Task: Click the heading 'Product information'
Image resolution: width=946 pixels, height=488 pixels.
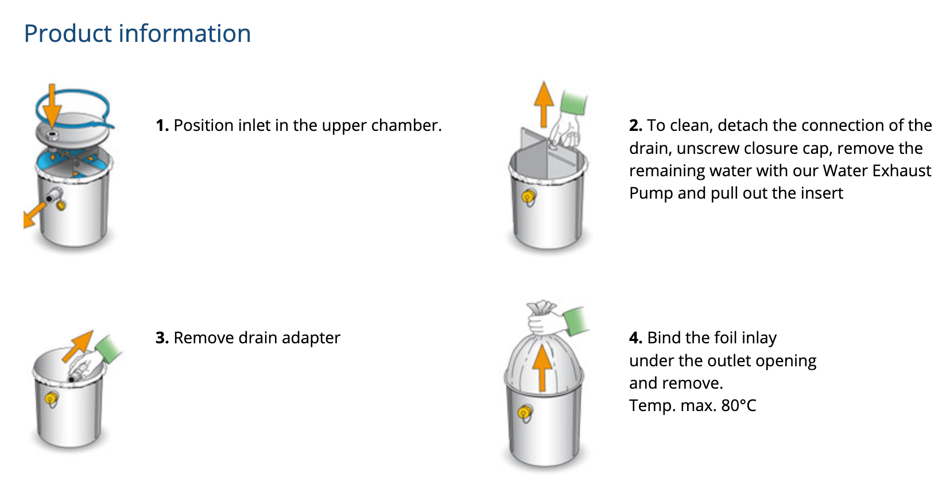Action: (137, 33)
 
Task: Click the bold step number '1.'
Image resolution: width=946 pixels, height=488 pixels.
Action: (162, 126)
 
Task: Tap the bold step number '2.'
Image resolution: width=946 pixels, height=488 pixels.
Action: (635, 126)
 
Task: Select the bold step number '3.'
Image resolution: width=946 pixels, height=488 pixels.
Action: (162, 338)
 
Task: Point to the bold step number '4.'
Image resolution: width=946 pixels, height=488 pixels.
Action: (635, 338)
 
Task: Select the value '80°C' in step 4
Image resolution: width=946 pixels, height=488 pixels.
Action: (739, 405)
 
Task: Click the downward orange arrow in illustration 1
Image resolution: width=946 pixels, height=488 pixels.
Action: (52, 106)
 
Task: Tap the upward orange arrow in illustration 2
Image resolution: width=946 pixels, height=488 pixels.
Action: (544, 104)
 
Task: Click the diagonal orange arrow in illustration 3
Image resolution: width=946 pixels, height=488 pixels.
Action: (77, 346)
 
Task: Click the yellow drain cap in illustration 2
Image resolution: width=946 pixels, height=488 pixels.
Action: (528, 196)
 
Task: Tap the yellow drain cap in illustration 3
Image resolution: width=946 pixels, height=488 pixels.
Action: (51, 398)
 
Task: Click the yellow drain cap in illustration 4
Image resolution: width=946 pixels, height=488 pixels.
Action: (525, 412)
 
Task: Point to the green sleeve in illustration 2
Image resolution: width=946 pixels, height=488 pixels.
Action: (573, 103)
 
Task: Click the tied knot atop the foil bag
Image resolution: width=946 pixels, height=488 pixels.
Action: (541, 308)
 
